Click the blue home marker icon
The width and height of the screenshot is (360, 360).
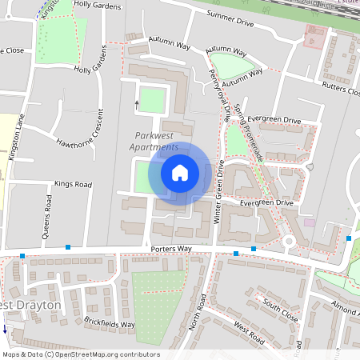180,172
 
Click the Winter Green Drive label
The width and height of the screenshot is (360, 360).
218,193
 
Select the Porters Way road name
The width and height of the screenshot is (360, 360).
171,250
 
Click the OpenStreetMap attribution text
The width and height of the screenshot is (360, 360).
81,354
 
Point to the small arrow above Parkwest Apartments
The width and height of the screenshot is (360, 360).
137,103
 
